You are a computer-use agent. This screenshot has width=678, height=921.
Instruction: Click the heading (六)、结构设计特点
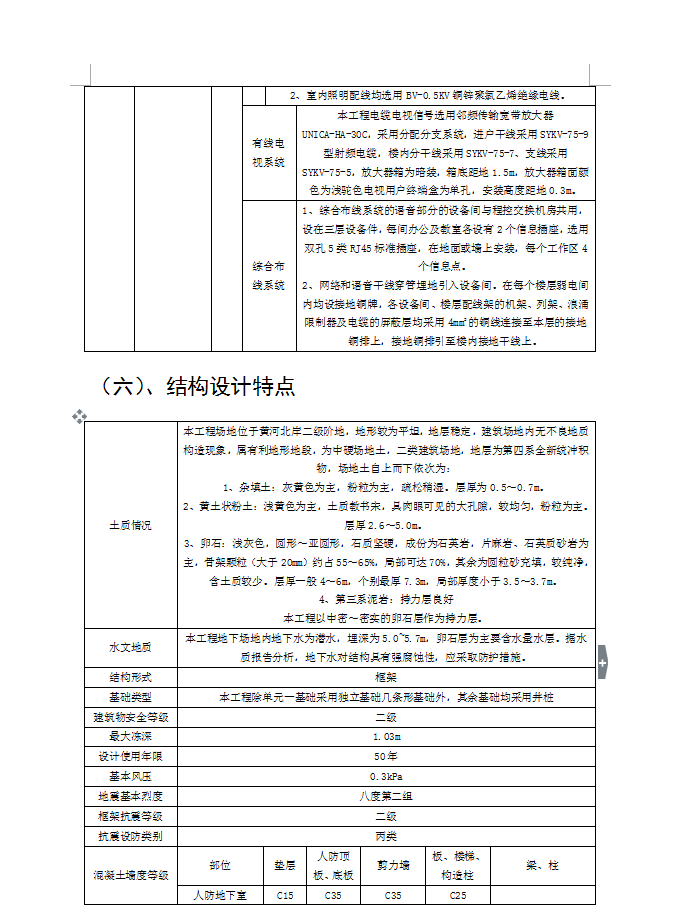pos(198,386)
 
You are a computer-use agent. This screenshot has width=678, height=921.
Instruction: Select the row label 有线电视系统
pos(267,152)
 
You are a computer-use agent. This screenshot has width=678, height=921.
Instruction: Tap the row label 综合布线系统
pos(267,276)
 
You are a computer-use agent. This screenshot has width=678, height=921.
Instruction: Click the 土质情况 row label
pos(130,525)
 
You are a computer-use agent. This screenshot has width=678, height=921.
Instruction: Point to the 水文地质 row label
pos(130,648)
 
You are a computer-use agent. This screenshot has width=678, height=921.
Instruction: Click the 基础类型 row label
pos(130,697)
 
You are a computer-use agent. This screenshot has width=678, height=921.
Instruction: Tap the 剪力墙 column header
pos(393,865)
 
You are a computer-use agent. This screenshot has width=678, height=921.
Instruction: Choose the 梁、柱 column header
pos(542,865)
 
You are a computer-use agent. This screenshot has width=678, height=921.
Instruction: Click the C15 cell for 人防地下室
pos(285,896)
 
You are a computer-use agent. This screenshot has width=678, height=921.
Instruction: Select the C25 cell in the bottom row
pos(458,896)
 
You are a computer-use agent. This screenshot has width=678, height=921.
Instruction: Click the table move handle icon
pos(79,416)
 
